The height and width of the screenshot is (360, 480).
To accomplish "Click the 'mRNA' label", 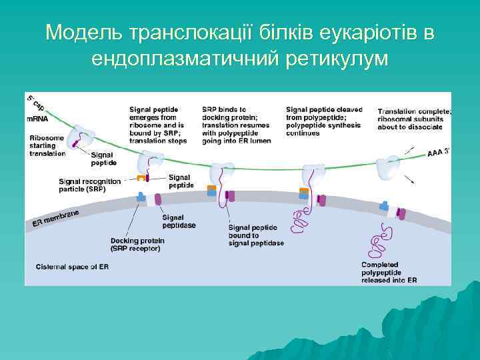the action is click(38, 118).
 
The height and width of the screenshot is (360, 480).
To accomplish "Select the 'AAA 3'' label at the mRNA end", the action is click(437, 153).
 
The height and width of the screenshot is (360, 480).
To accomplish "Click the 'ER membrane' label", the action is click(56, 218).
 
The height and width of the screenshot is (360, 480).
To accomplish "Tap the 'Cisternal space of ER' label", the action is click(73, 267).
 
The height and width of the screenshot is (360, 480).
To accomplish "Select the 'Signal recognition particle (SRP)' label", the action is click(90, 185).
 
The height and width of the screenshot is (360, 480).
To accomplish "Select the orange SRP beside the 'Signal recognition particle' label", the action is click(141, 178).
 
